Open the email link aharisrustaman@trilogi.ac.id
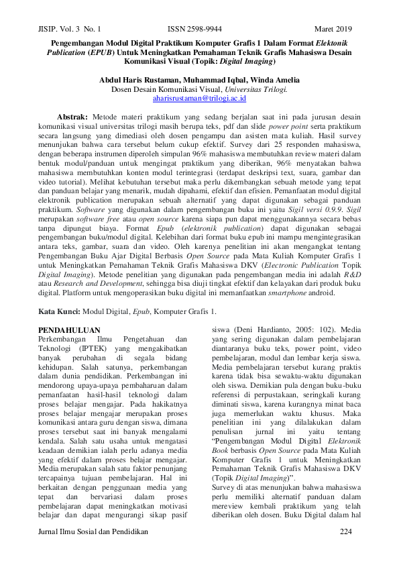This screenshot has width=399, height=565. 199,98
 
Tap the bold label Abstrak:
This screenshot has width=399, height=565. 73,116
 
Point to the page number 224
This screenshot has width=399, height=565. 346,531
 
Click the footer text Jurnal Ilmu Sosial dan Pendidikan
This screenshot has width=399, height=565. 93,531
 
